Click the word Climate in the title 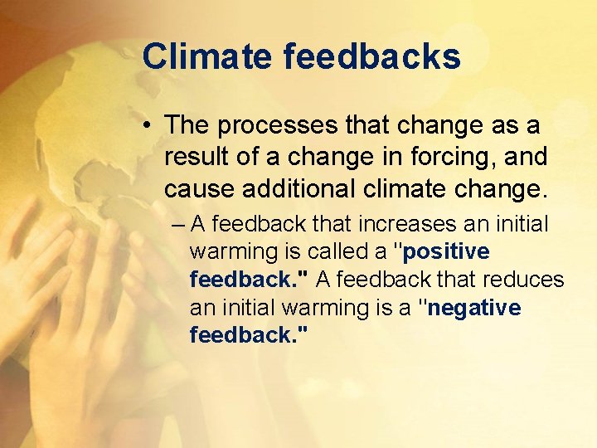206,57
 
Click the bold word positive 446,251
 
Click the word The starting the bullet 188,126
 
